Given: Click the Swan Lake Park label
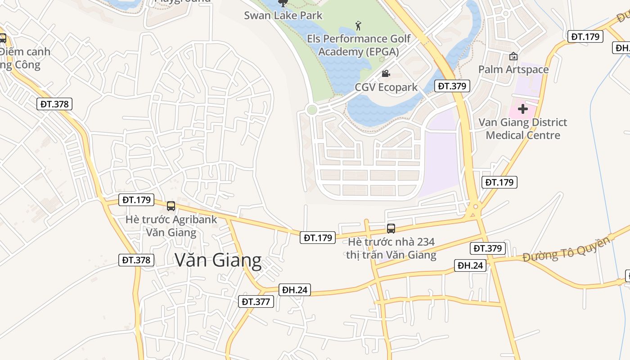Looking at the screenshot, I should [x=283, y=15].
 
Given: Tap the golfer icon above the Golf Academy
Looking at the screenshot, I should [x=358, y=25].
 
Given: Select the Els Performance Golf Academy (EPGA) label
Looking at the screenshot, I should [x=359, y=45].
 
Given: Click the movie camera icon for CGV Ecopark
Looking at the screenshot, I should [x=386, y=73].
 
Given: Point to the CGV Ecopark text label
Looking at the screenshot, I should [x=386, y=87].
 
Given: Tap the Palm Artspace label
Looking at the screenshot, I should [x=513, y=69].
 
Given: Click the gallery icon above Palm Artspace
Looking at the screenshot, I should [x=513, y=56].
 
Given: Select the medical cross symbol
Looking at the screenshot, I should [x=522, y=109].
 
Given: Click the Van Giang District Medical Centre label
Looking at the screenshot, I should [x=522, y=129].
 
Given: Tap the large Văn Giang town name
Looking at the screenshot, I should [x=218, y=261].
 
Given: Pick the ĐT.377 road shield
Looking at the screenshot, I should [x=256, y=301].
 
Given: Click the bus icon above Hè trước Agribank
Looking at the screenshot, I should [x=171, y=206].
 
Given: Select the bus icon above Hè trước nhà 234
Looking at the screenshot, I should [x=391, y=229].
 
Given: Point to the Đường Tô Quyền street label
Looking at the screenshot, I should [x=567, y=249].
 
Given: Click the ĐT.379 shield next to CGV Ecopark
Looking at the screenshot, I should [x=453, y=86].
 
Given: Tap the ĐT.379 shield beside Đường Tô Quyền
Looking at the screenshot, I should [x=488, y=248].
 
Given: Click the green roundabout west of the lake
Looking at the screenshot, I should [x=311, y=109].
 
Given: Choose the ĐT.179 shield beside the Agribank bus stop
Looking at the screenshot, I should [x=137, y=199].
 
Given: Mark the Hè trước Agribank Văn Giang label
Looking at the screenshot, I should [x=171, y=226].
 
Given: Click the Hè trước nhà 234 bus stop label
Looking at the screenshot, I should [x=391, y=248].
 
